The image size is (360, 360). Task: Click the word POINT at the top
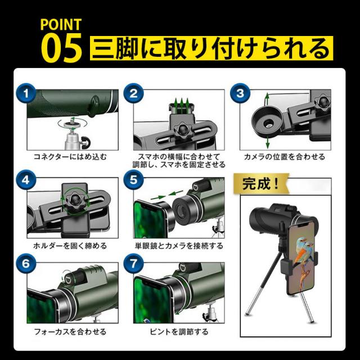pos(61,25)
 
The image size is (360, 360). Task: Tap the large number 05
pos(61,48)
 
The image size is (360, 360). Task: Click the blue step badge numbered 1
pos(26,93)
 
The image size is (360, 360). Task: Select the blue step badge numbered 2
pos(133,93)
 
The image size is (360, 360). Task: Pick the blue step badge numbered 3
pos(240,93)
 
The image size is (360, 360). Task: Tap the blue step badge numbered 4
pos(26,180)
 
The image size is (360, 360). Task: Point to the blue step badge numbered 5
pos(133,180)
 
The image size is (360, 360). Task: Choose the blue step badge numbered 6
pos(26,263)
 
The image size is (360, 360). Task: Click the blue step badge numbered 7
pos(133,263)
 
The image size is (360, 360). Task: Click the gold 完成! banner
pos(261,184)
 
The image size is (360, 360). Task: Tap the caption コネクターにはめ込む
pos(70,157)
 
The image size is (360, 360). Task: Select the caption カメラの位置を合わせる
pos(285,157)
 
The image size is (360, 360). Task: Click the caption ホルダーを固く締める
pos(70,246)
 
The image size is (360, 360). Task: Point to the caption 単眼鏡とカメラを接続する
pos(179,246)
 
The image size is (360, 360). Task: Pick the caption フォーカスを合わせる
pos(70,332)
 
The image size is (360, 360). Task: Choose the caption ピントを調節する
pos(179,332)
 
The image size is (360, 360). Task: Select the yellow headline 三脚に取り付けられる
pos(211,49)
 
